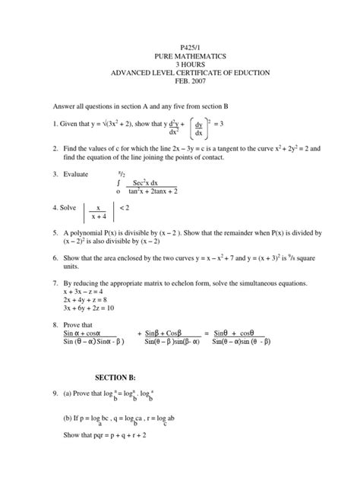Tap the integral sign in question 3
click(x=118, y=183)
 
